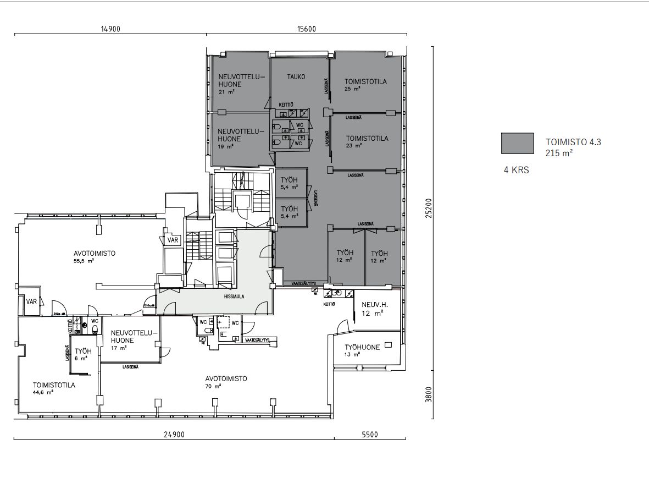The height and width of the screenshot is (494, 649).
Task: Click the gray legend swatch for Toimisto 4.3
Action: (x=517, y=143)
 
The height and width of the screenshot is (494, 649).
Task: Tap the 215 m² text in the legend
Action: (x=559, y=153)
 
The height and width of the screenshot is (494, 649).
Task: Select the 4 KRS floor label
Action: (x=516, y=171)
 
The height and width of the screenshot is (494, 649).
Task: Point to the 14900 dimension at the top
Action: (x=110, y=30)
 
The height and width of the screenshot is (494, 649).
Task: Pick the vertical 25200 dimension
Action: (x=429, y=208)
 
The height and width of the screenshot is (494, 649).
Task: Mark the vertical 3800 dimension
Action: (x=429, y=394)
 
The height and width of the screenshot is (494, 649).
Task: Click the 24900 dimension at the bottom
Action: (x=174, y=435)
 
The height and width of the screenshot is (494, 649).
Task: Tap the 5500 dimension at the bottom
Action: (x=370, y=435)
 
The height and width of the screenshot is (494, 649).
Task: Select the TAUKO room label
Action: (x=296, y=77)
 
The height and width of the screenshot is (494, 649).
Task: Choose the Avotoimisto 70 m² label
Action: (x=226, y=382)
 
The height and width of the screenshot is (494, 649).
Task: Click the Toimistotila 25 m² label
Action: (x=366, y=84)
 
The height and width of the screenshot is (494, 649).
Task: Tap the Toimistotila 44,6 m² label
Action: (x=53, y=388)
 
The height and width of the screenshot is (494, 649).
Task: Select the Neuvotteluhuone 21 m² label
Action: (x=241, y=84)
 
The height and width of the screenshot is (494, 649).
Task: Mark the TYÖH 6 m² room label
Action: (x=82, y=354)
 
